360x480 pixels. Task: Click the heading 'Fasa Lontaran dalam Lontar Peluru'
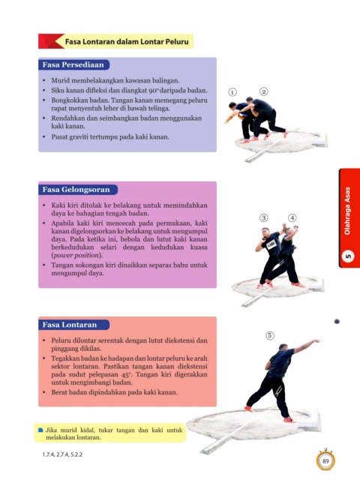(x=127, y=41)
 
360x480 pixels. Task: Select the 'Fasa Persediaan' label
(x=73, y=64)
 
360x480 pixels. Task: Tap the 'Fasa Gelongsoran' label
(x=76, y=190)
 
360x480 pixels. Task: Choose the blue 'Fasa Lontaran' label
(x=70, y=325)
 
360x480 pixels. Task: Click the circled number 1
(x=232, y=92)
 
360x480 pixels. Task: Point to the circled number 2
(x=263, y=91)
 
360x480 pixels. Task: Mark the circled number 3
(x=263, y=217)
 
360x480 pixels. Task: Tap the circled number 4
(x=292, y=217)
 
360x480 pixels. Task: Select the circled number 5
(x=269, y=335)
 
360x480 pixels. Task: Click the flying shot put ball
(x=337, y=322)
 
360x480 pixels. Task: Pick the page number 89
(x=325, y=460)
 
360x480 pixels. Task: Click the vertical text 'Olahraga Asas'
(x=347, y=211)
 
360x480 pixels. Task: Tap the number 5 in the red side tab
(x=348, y=256)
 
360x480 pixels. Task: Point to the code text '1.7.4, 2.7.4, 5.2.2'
(x=62, y=454)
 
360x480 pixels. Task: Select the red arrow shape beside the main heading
(x=51, y=41)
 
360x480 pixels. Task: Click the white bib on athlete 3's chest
(x=271, y=244)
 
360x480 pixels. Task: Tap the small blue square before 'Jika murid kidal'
(x=40, y=430)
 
